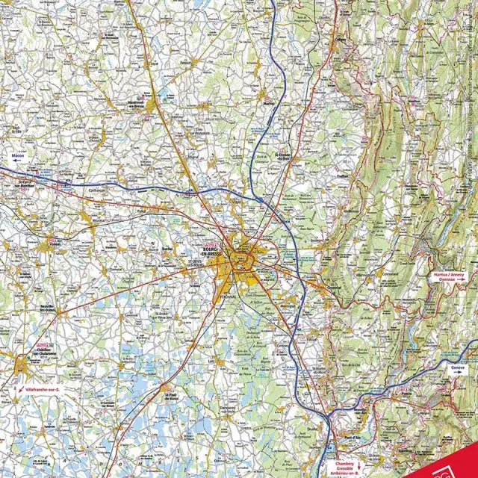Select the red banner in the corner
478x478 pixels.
tap(456, 463)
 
